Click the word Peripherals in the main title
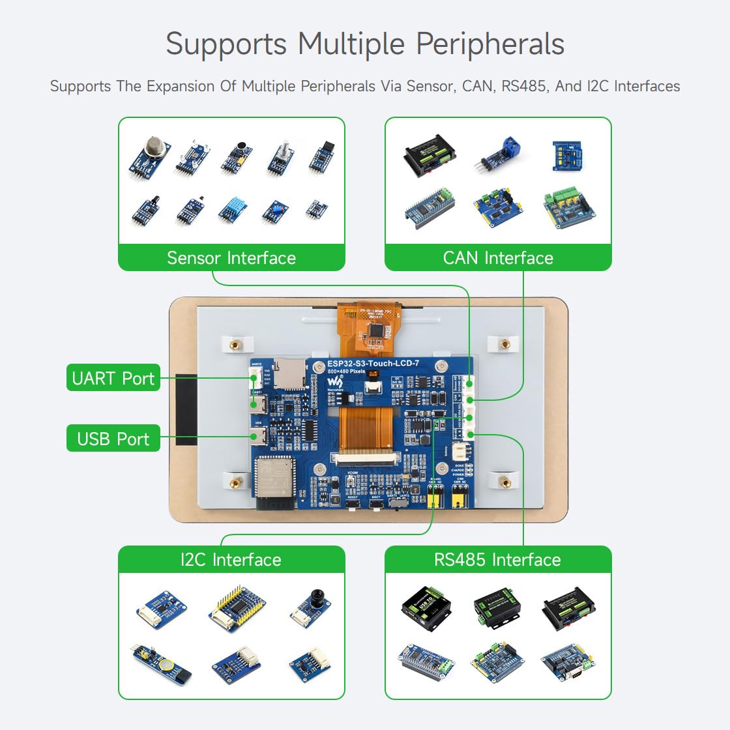point(489,44)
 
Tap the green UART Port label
point(113,378)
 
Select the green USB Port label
point(113,439)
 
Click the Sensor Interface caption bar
point(231,258)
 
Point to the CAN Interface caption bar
point(498,258)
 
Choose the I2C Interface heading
point(231,560)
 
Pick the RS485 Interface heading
point(498,560)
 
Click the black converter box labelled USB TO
point(426,607)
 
